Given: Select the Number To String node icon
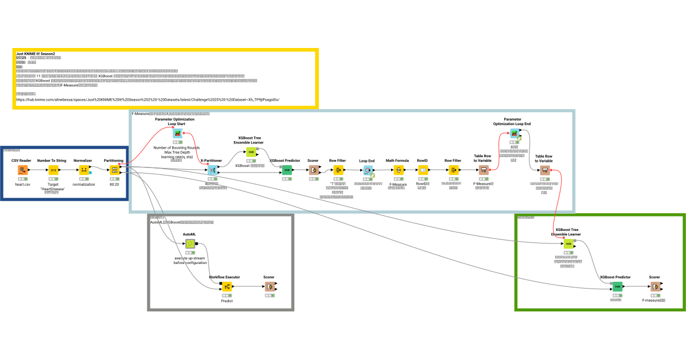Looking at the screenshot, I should [x=53, y=170].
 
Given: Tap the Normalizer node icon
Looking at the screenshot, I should [x=83, y=170].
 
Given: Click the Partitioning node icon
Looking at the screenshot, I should [x=114, y=170].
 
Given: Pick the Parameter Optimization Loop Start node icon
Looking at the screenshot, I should [x=177, y=133].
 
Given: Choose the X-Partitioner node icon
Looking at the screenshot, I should [x=212, y=170].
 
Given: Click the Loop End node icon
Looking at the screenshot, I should [x=367, y=170].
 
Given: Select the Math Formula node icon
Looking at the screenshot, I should [x=397, y=170].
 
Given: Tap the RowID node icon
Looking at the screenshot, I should [x=422, y=170].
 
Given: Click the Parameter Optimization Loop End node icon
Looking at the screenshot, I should [x=513, y=133].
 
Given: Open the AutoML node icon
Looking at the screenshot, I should [x=189, y=244].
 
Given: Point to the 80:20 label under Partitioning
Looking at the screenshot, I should [x=114, y=185].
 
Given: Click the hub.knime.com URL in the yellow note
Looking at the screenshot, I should [x=147, y=99].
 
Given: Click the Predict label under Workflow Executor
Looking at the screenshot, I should [x=226, y=301].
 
